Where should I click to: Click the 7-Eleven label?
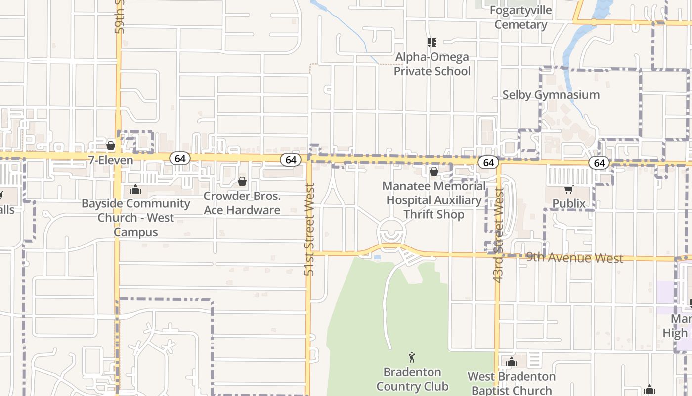coord(111,160)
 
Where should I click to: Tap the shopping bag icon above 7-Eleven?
coord(111,146)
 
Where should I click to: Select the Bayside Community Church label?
coord(135,218)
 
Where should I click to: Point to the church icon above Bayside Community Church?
coord(135,189)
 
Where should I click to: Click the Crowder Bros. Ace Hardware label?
coord(242,203)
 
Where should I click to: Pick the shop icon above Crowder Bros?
coord(242,181)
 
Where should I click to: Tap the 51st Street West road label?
coord(310,229)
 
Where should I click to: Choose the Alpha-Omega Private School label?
coord(432,64)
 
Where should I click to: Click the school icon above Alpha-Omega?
coord(432,43)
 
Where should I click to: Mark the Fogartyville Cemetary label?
coord(521,17)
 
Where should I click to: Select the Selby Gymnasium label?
coord(551,95)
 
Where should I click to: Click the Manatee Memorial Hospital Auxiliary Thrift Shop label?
coord(433,200)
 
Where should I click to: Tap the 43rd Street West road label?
coord(498,235)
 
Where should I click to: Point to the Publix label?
coord(569,203)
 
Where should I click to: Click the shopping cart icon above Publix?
coord(569,189)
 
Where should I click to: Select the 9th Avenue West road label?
coord(574,257)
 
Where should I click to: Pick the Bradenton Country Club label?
coord(412,379)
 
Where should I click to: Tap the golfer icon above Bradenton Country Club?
coord(412,357)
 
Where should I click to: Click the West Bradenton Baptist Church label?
coord(512,384)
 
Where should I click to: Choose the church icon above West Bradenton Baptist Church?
coord(512,362)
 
